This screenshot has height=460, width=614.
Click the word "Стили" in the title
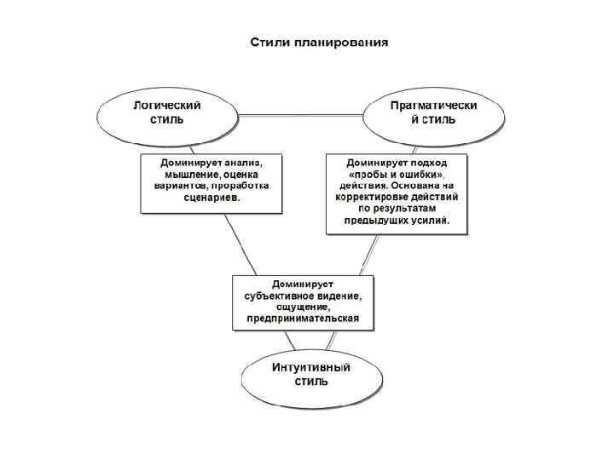click(268, 42)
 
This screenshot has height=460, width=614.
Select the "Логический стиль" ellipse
click(166, 116)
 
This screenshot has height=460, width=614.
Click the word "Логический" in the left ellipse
click(166, 106)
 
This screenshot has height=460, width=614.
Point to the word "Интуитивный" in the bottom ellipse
click(310, 366)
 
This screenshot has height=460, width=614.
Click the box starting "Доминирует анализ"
click(211, 182)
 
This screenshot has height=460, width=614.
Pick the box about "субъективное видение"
click(304, 302)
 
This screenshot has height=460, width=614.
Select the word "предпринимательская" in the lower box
click(304, 319)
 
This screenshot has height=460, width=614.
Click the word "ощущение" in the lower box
click(304, 308)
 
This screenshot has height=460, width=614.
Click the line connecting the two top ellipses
click(300, 114)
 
